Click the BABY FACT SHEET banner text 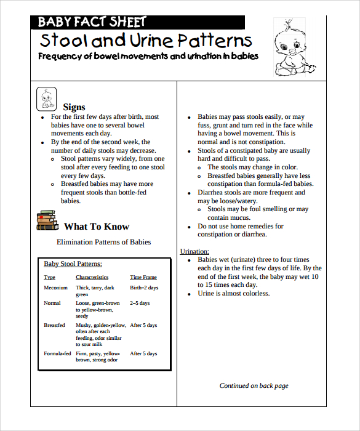92,22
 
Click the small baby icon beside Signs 46,99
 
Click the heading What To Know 97,226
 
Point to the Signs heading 74,107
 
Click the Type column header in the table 49,277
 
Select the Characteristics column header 92,277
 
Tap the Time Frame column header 143,277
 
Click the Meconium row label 55,288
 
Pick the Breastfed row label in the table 54,325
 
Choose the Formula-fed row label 57,353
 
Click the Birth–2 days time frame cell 144,288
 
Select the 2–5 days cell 140,303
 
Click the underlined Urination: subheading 194,251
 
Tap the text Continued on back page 254,386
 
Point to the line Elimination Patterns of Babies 103,242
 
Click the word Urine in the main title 151,41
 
